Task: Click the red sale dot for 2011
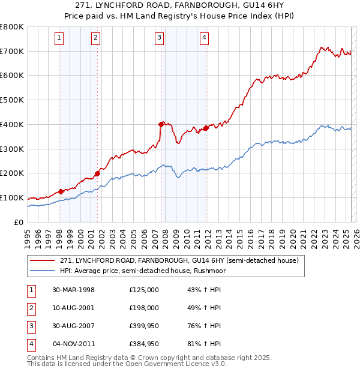206,128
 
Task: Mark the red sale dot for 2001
97,173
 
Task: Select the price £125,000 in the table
144,289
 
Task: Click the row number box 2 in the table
31,307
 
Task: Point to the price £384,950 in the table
144,344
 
